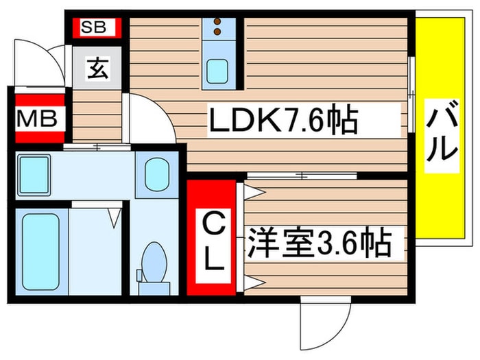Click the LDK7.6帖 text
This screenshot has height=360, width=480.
[x=283, y=121]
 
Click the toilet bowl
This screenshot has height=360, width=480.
[x=154, y=264]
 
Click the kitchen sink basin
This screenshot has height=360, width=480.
[x=219, y=69]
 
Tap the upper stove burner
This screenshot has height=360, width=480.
[x=219, y=22]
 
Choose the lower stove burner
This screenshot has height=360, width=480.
[x=219, y=31]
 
